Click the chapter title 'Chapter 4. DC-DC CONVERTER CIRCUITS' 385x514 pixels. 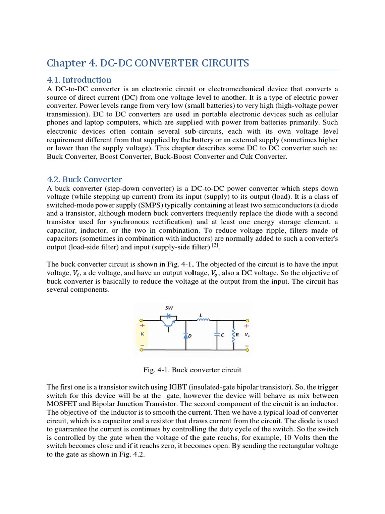(x=147, y=63)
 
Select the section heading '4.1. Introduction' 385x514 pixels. (x=79, y=80)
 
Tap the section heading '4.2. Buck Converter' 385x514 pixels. (x=84, y=179)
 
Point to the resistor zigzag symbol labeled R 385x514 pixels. (x=232, y=335)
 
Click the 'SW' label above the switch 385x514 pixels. (x=169, y=307)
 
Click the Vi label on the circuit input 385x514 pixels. (x=143, y=334)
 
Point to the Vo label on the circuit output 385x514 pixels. (x=247, y=334)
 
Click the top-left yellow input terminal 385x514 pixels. (x=141, y=320)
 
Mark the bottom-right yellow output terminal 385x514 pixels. (x=246, y=350)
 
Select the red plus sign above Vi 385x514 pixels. (x=142, y=326)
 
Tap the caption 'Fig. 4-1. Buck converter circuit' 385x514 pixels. (x=192, y=370)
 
